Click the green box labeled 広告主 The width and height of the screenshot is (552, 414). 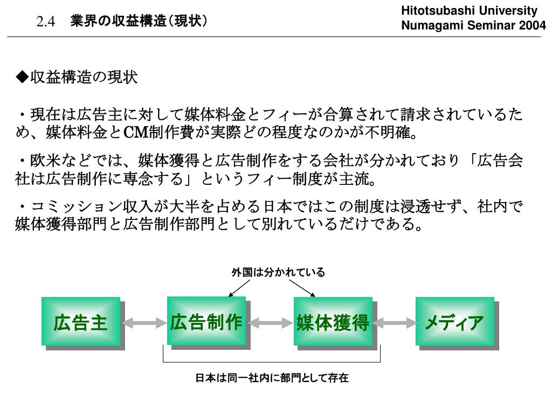pos(81,322)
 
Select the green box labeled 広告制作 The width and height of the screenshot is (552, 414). pos(206,321)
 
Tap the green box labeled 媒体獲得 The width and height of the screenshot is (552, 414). pos(333,322)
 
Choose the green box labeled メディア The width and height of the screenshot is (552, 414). pos(454,322)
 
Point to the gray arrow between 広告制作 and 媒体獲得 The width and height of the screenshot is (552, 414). pos(270,323)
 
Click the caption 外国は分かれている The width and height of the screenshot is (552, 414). pos(278,272)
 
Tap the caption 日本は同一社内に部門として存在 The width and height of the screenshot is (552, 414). pos(272,378)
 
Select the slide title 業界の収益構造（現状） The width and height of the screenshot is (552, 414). pos(139,21)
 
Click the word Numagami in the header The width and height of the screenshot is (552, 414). pos(428,25)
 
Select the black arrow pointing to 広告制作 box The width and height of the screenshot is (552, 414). pos(239,287)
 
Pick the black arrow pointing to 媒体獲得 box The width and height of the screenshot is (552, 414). pos(305,287)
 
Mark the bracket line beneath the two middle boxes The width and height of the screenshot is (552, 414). pos(272,361)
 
